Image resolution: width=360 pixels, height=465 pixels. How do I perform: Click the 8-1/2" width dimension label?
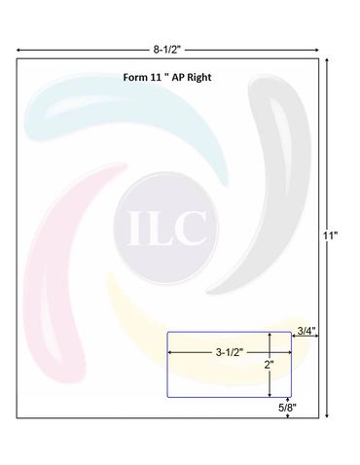[166, 50]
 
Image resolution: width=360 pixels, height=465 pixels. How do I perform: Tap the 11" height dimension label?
[330, 235]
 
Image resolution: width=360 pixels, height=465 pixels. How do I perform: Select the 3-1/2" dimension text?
[230, 352]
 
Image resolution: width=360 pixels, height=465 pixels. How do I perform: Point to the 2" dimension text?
[269, 365]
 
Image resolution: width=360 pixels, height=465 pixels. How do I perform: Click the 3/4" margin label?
[306, 331]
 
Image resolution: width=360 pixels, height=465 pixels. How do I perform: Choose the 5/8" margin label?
[287, 408]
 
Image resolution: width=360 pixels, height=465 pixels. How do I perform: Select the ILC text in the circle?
[167, 228]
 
